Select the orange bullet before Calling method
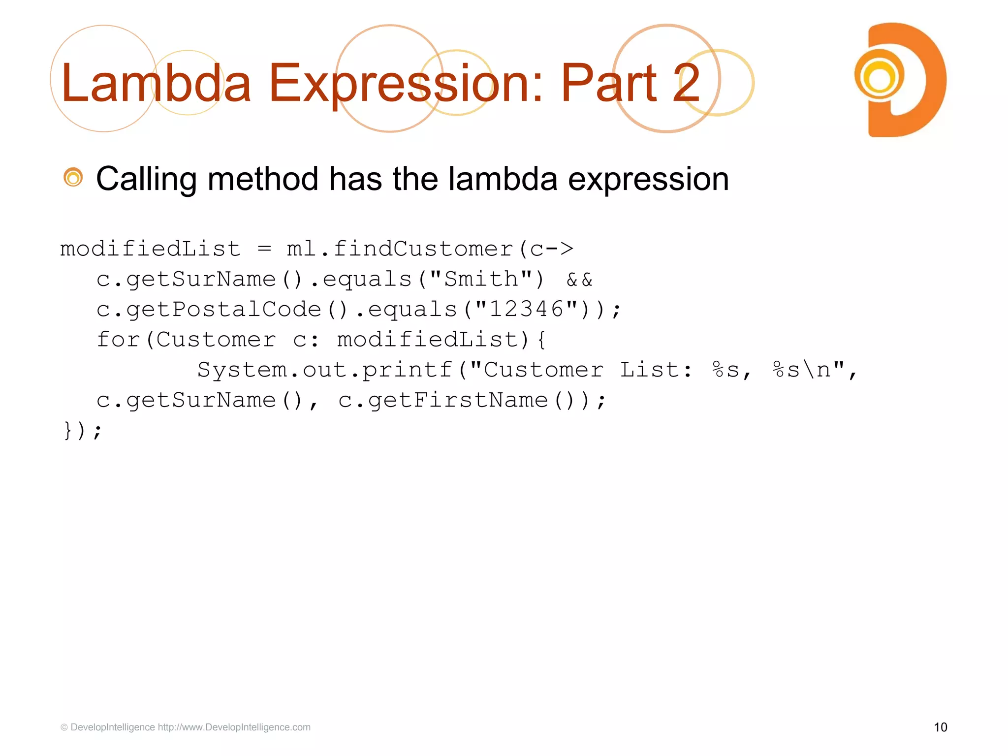(73, 178)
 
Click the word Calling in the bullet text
(146, 179)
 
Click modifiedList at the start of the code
(150, 249)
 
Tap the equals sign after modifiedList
(264, 250)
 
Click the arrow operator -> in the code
(559, 249)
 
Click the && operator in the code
(579, 280)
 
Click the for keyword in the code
(118, 340)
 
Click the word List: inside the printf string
(656, 370)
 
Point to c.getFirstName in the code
(443, 400)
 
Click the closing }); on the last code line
(83, 431)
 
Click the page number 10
(940, 727)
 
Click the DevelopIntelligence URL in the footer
(234, 727)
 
